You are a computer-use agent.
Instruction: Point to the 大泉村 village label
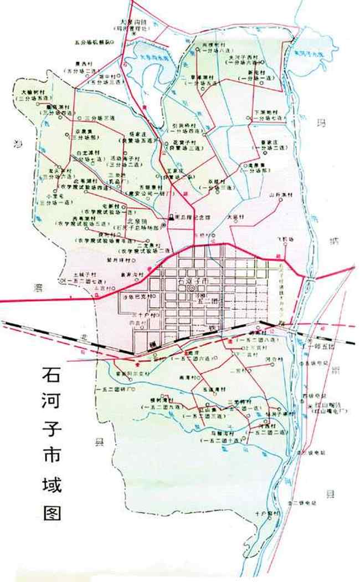(x=236, y=217)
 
